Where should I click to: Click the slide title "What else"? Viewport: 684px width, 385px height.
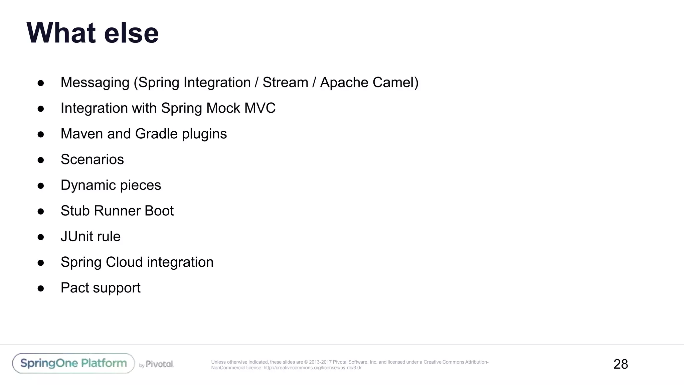click(93, 33)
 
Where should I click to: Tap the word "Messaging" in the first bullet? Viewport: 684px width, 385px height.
click(95, 83)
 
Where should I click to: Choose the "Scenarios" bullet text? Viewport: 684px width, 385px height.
click(92, 159)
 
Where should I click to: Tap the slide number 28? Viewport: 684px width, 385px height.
click(621, 364)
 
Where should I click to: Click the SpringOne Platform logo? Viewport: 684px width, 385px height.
click(73, 363)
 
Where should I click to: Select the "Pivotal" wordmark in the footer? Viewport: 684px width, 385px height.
click(159, 364)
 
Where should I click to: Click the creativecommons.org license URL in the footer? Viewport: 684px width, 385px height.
click(312, 368)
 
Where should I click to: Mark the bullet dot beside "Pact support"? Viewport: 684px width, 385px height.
click(41, 288)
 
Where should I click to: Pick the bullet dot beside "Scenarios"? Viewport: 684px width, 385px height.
click(41, 160)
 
